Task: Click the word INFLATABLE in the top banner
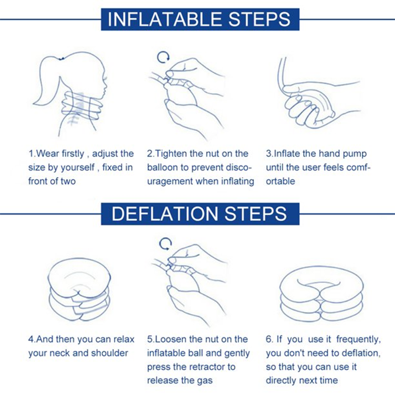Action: [x=165, y=19]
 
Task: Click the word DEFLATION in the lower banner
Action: [x=164, y=214]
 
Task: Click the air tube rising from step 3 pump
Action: [x=280, y=73]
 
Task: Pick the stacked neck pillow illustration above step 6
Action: [x=321, y=293]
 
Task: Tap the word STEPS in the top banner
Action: [x=259, y=19]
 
